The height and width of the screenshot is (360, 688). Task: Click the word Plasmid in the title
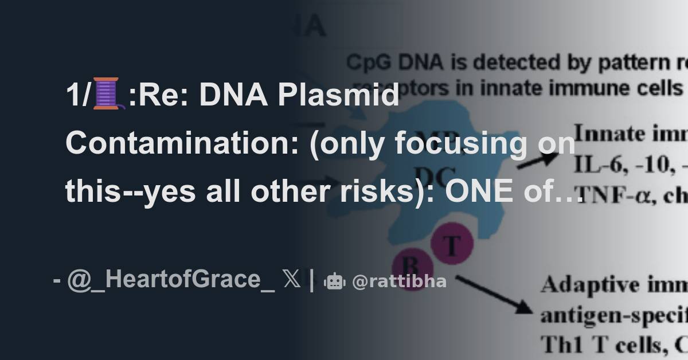pyautogui.click(x=338, y=95)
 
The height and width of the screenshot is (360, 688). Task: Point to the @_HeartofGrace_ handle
pyautogui.click(x=171, y=280)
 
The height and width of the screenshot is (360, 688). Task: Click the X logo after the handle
pyautogui.click(x=291, y=280)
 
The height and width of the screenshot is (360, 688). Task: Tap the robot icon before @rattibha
pyautogui.click(x=334, y=281)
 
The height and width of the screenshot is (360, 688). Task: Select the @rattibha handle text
pyautogui.click(x=399, y=281)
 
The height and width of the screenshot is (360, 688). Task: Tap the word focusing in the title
pyautogui.click(x=459, y=143)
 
